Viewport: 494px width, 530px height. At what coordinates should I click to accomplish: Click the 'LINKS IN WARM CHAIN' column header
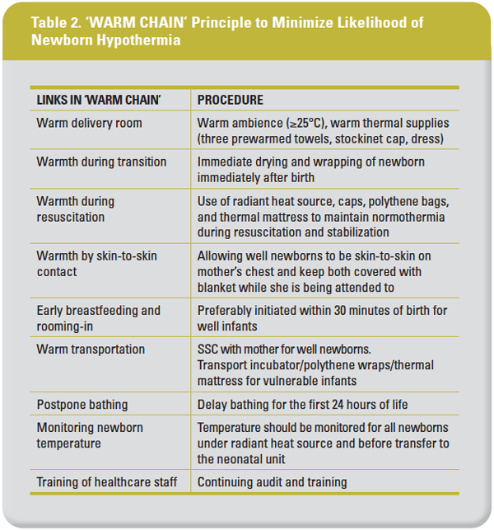(x=99, y=100)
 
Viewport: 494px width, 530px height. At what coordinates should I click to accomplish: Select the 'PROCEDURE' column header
(x=231, y=100)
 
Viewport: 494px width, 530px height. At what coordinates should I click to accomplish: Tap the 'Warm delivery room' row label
(x=89, y=123)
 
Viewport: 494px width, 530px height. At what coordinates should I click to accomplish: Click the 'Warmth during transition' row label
(x=101, y=162)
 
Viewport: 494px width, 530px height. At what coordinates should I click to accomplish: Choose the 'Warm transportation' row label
(x=91, y=349)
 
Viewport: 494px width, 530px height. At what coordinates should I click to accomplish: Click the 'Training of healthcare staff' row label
(x=107, y=482)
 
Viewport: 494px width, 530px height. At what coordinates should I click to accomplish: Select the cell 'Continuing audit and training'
(x=273, y=482)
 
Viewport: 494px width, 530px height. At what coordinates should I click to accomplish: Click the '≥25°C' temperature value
(x=287, y=123)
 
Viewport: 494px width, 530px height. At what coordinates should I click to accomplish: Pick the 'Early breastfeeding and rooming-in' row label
(x=98, y=318)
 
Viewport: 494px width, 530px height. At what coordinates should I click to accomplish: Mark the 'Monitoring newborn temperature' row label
(x=90, y=435)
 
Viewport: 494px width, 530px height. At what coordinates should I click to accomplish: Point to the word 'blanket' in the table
(x=218, y=287)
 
